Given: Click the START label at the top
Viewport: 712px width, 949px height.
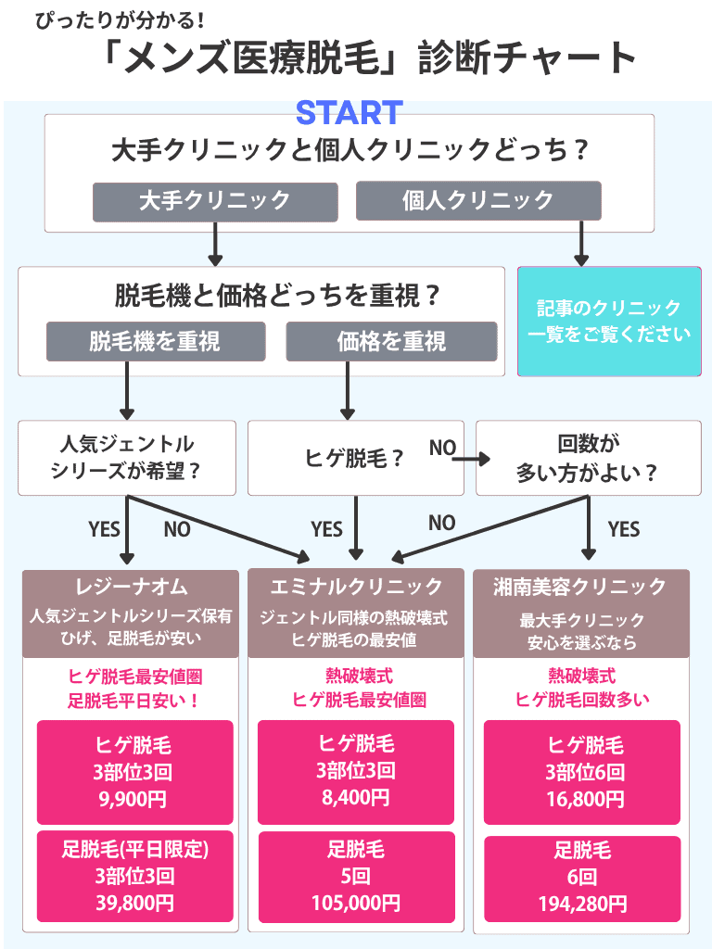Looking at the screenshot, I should (x=349, y=113).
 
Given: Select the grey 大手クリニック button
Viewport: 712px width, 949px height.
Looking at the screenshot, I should (x=214, y=200).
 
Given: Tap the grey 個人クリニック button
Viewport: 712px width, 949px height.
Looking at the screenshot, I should (x=478, y=200).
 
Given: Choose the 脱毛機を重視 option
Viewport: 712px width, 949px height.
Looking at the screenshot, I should (x=155, y=341).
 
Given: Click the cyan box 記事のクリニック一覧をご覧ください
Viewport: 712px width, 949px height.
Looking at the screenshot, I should (x=609, y=322).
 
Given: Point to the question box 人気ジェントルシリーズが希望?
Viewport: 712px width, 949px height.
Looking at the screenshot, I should (x=127, y=457).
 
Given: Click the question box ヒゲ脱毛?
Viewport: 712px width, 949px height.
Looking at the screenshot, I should (x=355, y=458).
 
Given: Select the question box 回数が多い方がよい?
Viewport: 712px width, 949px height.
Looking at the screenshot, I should (x=588, y=458).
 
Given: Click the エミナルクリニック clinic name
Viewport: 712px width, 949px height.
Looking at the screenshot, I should (x=356, y=586).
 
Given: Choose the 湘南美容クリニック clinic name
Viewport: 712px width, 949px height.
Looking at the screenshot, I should (x=581, y=586).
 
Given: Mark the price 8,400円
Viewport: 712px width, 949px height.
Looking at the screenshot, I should (x=356, y=797).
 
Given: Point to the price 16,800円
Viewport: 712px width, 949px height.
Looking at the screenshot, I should (x=582, y=797).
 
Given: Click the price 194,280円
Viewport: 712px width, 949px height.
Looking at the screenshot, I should (x=582, y=902).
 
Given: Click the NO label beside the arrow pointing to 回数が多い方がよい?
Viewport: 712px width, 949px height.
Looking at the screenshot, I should (x=442, y=449).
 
